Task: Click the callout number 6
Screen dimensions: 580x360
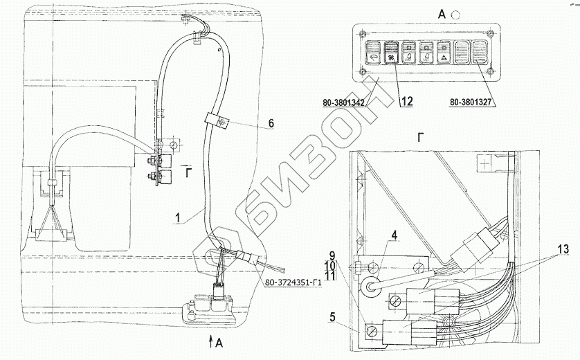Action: (271, 123)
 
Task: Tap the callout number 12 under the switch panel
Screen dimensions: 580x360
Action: (406, 102)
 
